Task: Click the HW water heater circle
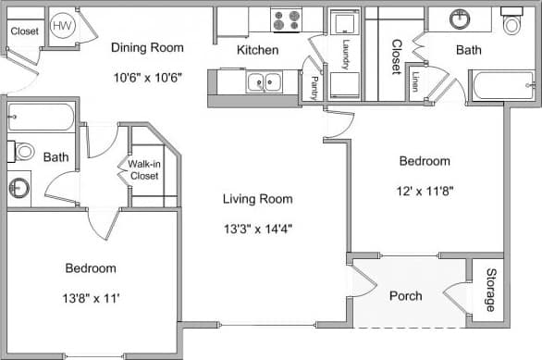pyautogui.click(x=63, y=26)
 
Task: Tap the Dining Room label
pyautogui.click(x=147, y=47)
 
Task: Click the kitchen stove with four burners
pyautogui.click(x=286, y=19)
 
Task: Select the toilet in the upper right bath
pyautogui.click(x=511, y=22)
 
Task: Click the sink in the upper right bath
pyautogui.click(x=460, y=18)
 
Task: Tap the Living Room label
pyautogui.click(x=257, y=198)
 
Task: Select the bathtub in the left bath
pyautogui.click(x=41, y=118)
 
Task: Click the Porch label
pyautogui.click(x=405, y=296)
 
